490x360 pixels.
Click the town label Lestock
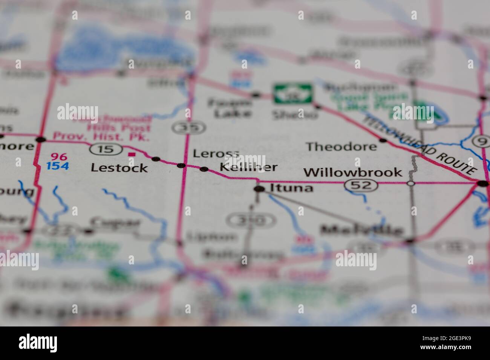pyautogui.click(x=119, y=168)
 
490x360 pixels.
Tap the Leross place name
pyautogui.click(x=216, y=153)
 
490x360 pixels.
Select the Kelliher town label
pyautogui.click(x=248, y=167)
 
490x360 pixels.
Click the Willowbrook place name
pyautogui.click(x=353, y=172)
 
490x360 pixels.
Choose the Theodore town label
pyautogui.click(x=341, y=146)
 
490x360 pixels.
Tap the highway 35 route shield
pyautogui.click(x=188, y=128)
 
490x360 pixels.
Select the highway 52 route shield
pyautogui.click(x=361, y=185)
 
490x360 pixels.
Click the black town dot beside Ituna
pyautogui.click(x=259, y=189)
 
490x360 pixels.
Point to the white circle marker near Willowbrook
pyautogui.click(x=411, y=183)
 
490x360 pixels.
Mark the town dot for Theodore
pyautogui.click(x=383, y=140)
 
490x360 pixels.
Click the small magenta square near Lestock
pyautogui.click(x=131, y=154)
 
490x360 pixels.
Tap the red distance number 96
pyautogui.click(x=59, y=157)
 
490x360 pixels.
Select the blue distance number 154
pyautogui.click(x=58, y=166)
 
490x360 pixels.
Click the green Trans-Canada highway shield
pyautogui.click(x=293, y=93)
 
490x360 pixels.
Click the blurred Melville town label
pyautogui.click(x=361, y=230)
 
